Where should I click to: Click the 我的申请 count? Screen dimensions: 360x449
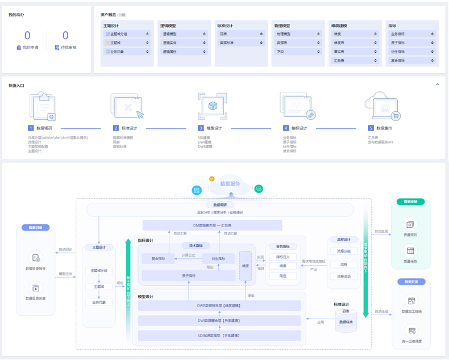[27, 36]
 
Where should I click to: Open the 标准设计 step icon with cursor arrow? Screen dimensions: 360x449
[127, 107]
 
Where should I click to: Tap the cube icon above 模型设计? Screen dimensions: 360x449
[212, 107]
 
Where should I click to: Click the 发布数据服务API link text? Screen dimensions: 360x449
[380, 142]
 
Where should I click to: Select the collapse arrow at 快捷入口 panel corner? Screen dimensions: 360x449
[437, 85]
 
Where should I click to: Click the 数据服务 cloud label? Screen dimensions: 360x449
[230, 184]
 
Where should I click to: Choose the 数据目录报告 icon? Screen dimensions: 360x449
[36, 258]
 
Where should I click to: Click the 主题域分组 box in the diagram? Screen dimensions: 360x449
[99, 271]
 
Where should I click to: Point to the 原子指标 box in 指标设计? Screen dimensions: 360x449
[189, 276]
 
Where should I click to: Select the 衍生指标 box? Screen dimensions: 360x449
[218, 258]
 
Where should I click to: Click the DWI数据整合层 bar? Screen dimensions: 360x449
[219, 321]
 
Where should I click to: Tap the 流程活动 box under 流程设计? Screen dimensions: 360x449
[344, 277]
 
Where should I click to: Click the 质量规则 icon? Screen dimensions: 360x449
[410, 224]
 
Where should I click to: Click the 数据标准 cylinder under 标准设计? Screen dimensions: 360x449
[346, 322]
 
